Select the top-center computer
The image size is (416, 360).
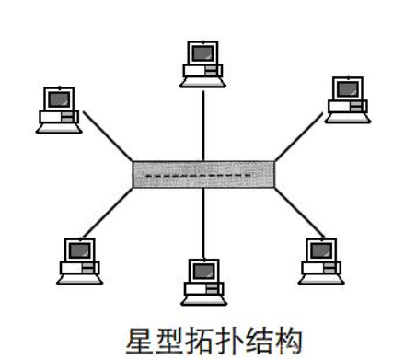pos(202,62)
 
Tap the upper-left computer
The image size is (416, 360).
pos(57,110)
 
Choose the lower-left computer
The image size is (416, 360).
pos(78,260)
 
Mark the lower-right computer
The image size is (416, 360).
pos(321,260)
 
